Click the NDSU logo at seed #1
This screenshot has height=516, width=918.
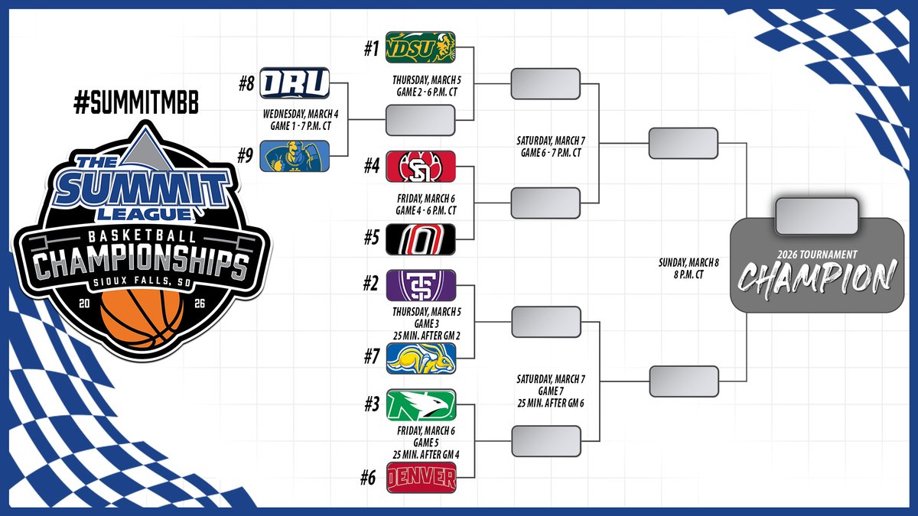click(x=421, y=47)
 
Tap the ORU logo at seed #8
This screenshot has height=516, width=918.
click(x=295, y=83)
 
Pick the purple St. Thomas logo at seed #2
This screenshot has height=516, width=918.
click(x=421, y=285)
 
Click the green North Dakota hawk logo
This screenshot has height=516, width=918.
click(x=421, y=405)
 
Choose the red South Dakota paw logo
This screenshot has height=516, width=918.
click(x=421, y=166)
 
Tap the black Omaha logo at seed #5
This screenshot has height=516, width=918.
click(x=421, y=239)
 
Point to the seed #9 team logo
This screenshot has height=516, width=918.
click(x=295, y=155)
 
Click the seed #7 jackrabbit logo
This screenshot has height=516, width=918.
click(x=421, y=359)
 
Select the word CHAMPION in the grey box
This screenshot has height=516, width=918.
click(x=817, y=277)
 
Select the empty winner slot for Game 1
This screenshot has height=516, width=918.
click(x=421, y=120)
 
